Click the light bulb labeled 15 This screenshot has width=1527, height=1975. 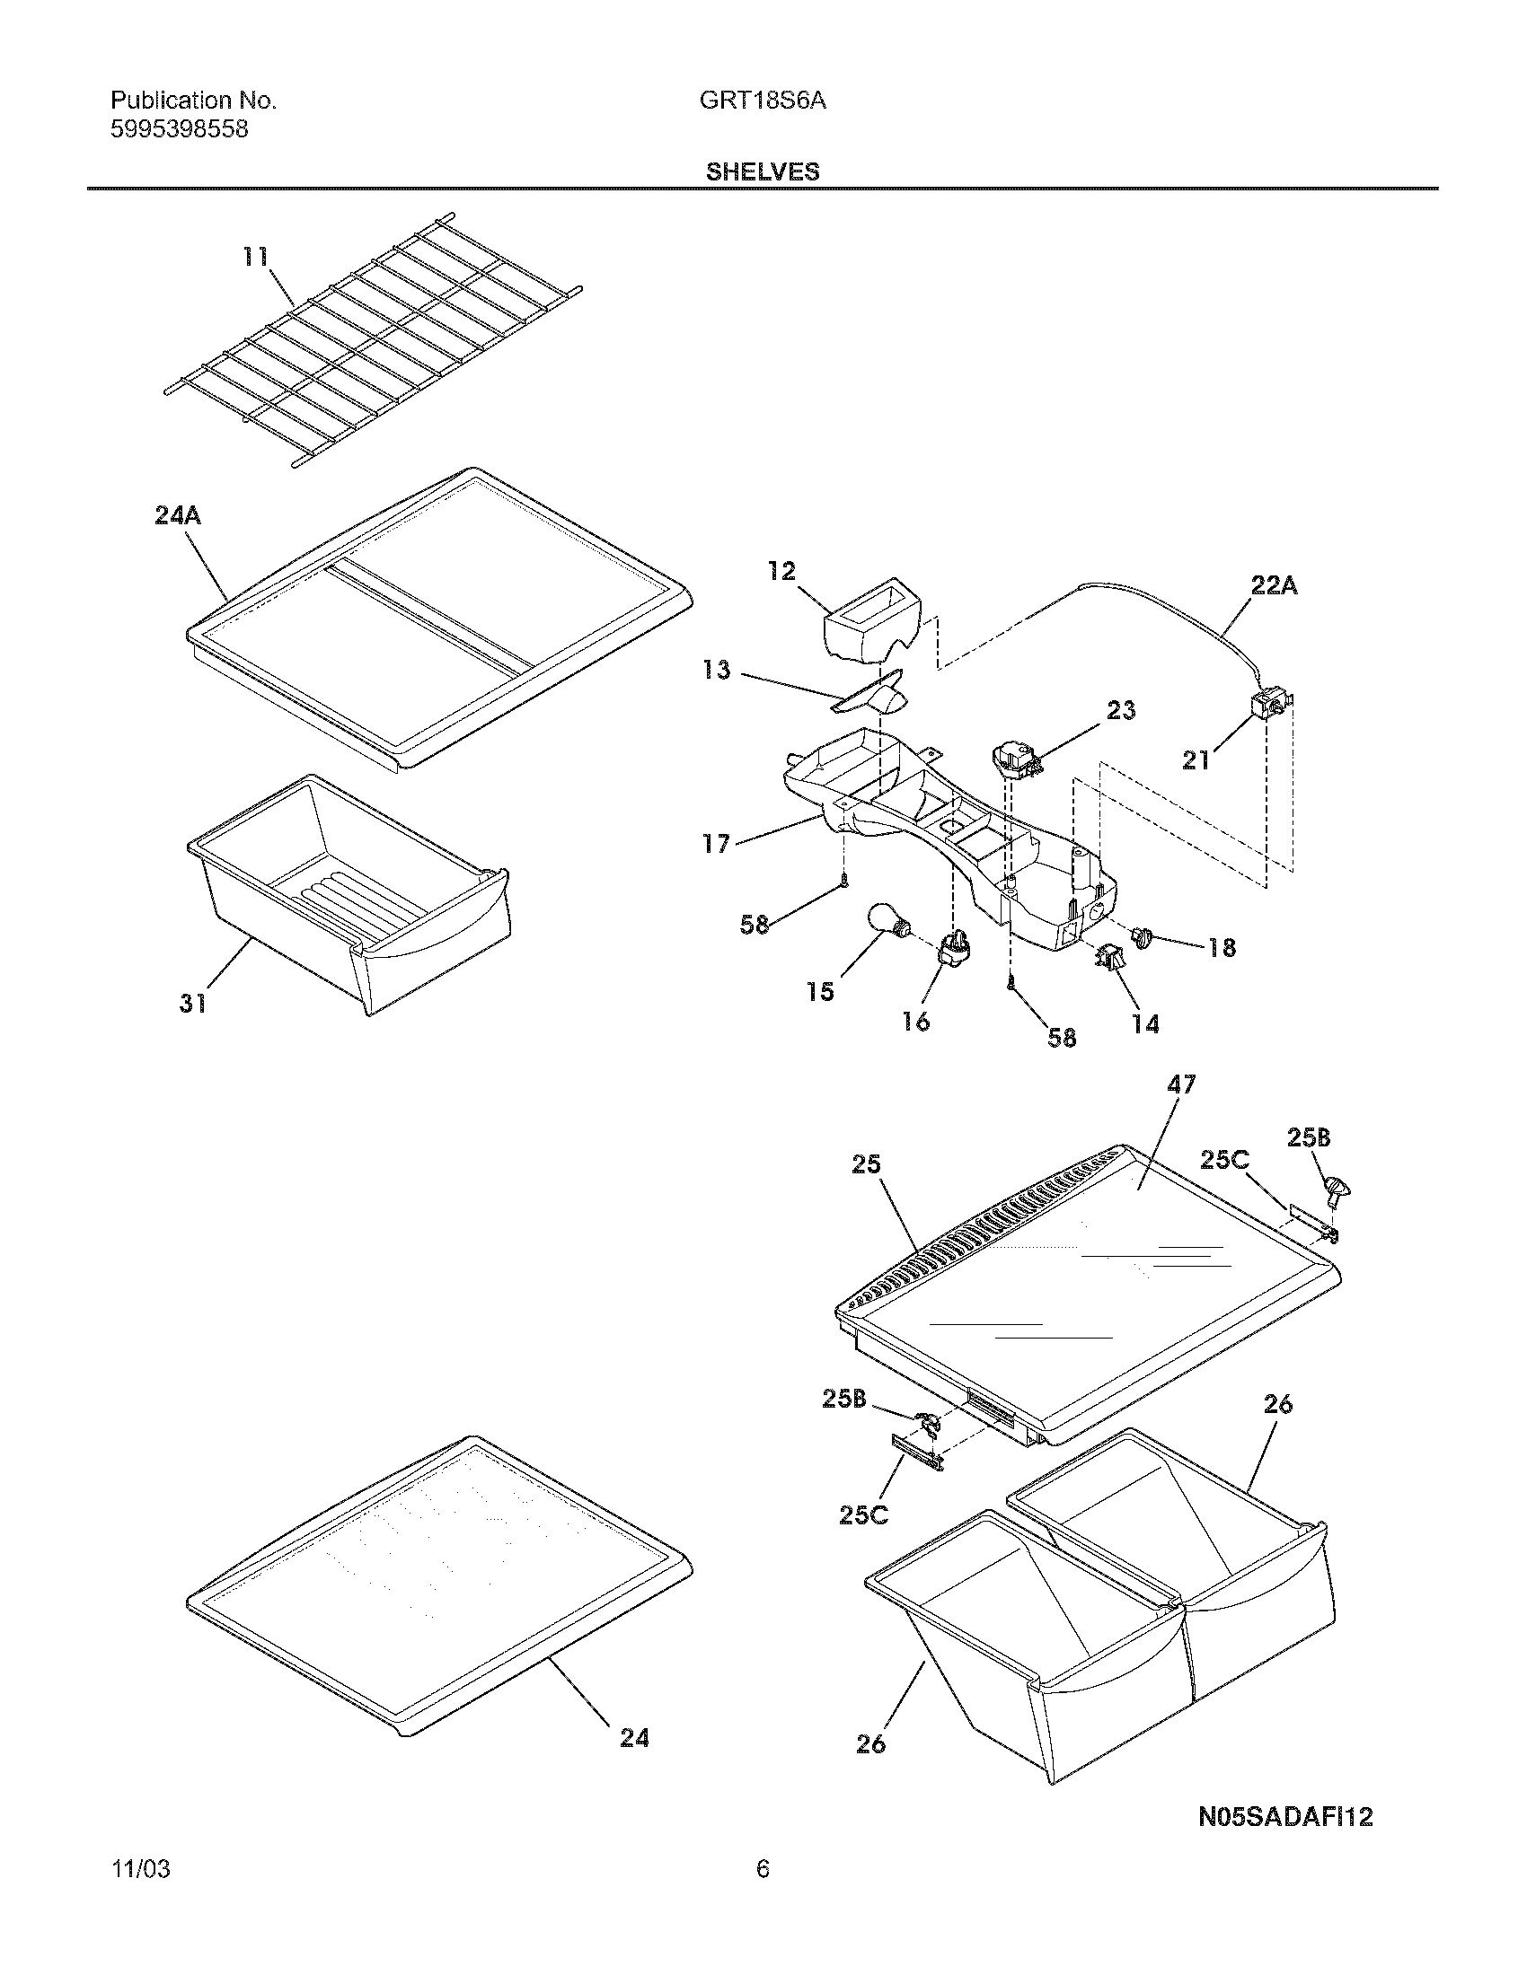click(x=888, y=920)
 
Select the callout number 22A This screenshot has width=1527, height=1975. click(x=1274, y=586)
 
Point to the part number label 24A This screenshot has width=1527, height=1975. click(x=177, y=516)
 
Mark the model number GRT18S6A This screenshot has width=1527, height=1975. click(x=762, y=101)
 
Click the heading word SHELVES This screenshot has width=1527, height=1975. click(x=763, y=171)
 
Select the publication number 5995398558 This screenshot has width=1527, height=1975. click(x=179, y=129)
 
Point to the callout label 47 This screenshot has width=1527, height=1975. click(x=1180, y=1084)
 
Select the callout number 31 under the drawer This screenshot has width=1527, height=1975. click(x=193, y=1003)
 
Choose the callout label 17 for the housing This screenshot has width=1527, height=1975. click(x=716, y=844)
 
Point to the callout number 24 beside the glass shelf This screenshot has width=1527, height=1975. click(x=634, y=1738)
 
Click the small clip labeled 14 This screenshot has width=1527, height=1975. click(x=1110, y=957)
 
